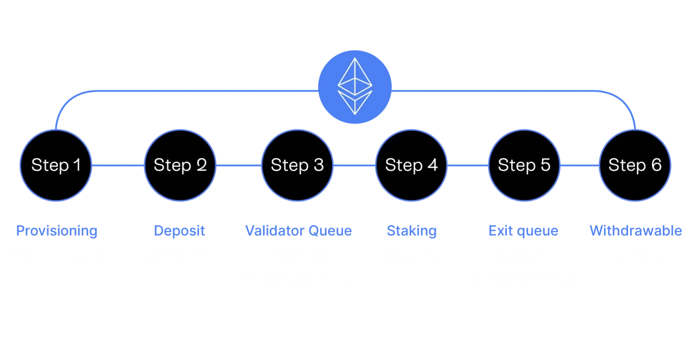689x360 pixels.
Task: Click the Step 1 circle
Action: click(x=56, y=165)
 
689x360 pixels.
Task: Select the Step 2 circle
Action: click(x=180, y=165)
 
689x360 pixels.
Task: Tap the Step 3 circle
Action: click(x=297, y=165)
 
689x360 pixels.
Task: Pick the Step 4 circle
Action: click(x=411, y=165)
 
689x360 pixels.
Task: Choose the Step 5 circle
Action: click(x=524, y=165)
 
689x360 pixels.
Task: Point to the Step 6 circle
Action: click(x=635, y=165)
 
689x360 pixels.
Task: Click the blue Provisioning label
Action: click(x=57, y=231)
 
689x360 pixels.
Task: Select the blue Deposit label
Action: click(x=180, y=231)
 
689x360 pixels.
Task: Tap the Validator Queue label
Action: click(x=298, y=231)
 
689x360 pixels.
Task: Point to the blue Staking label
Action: click(x=411, y=231)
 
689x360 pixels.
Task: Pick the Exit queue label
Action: click(x=523, y=231)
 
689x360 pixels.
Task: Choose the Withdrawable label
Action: click(x=636, y=231)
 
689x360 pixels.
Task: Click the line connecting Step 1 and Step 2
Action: click(x=118, y=165)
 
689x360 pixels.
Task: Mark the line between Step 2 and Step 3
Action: click(x=238, y=165)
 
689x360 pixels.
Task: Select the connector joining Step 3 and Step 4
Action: click(x=354, y=165)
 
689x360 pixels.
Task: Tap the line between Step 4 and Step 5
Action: click(x=467, y=165)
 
